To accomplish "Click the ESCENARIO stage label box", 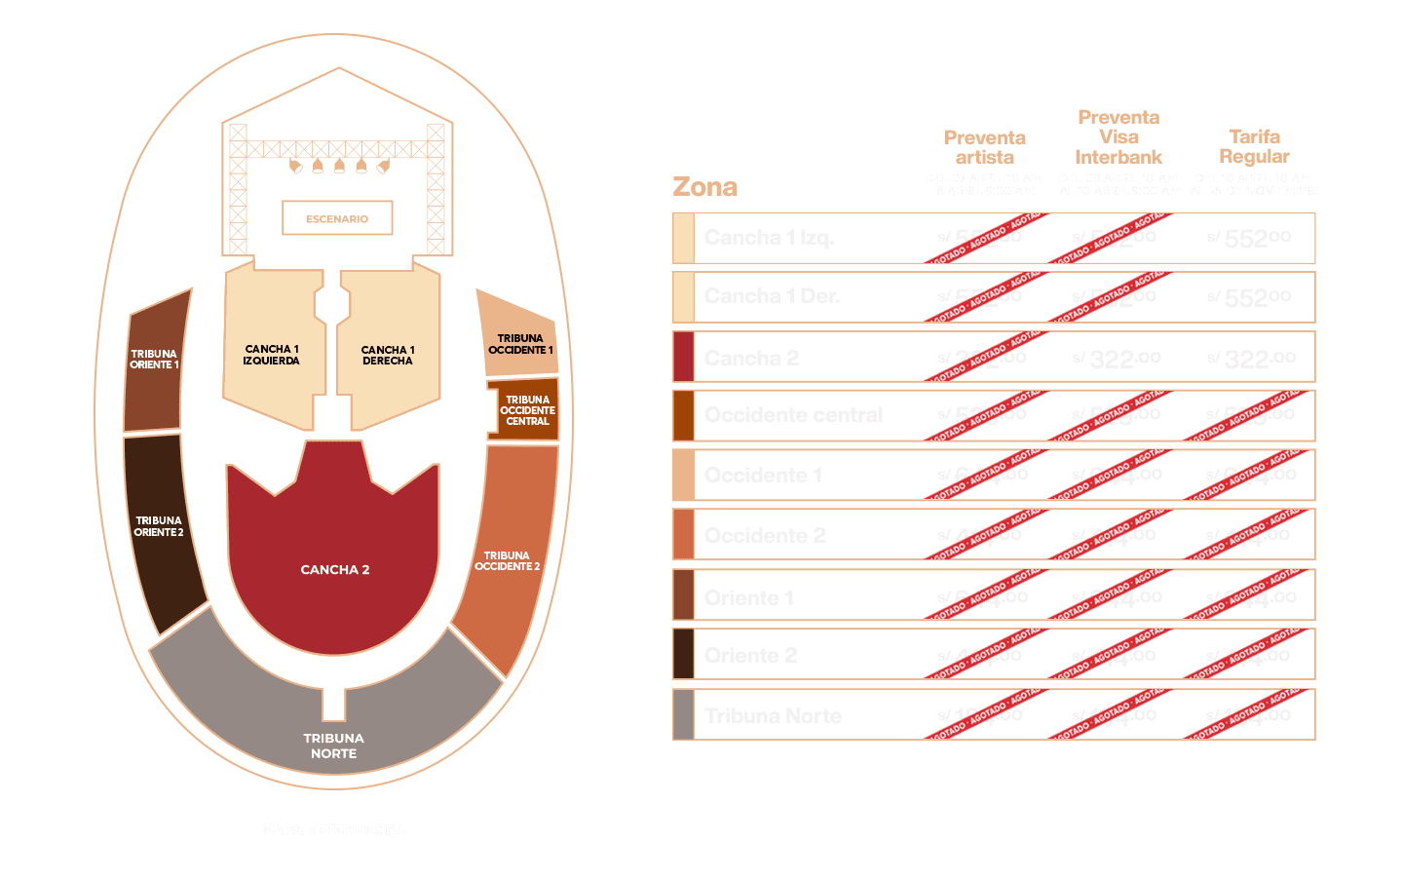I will pyautogui.click(x=337, y=218).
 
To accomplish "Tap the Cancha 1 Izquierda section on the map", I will pyautogui.click(x=272, y=355).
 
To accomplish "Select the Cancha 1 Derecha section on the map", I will pyautogui.click(x=388, y=355).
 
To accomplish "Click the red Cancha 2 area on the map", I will pyautogui.click(x=334, y=569).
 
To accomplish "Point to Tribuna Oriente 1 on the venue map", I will pyautogui.click(x=155, y=360).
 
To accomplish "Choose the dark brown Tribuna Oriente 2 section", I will pyautogui.click(x=160, y=527).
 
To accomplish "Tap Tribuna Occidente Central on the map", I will pyautogui.click(x=526, y=410).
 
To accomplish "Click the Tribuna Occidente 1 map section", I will pyautogui.click(x=519, y=344).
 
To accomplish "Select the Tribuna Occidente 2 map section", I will pyautogui.click(x=508, y=561).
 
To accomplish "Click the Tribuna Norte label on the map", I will pyautogui.click(x=333, y=746).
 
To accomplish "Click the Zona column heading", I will pyautogui.click(x=704, y=187).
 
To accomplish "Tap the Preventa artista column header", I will pyautogui.click(x=984, y=147).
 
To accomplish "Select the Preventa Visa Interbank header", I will pyautogui.click(x=1119, y=137).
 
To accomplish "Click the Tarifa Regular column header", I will pyautogui.click(x=1254, y=146).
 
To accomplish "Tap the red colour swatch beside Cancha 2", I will pyautogui.click(x=683, y=357).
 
